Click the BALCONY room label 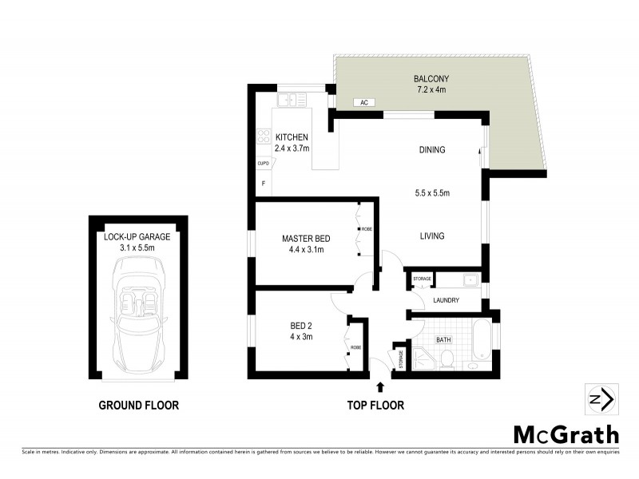pos(431,78)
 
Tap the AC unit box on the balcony pos(363,103)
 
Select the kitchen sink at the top pos(288,100)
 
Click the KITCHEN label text pos(292,137)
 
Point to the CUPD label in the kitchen pos(262,163)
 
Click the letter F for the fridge pos(263,184)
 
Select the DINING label pos(431,150)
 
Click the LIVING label pos(431,236)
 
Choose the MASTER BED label pos(307,239)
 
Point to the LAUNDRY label pos(445,301)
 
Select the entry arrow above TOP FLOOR pos(379,388)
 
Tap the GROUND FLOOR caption pos(138,406)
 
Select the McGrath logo pos(566,434)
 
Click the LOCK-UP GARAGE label pos(138,237)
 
